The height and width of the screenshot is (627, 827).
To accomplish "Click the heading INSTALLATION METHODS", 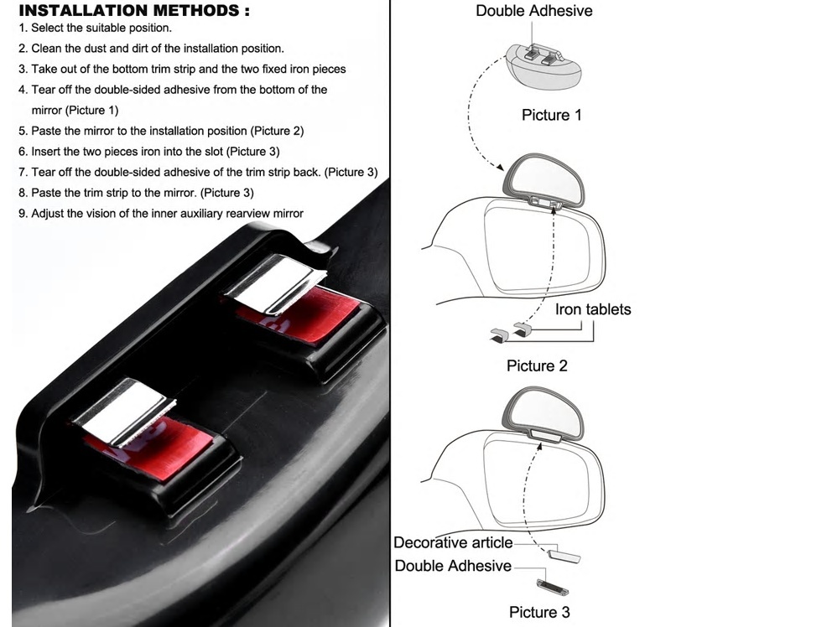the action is (134, 11).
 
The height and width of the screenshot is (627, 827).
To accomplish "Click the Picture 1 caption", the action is (551, 115).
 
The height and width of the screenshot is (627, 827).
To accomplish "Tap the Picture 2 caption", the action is (537, 365).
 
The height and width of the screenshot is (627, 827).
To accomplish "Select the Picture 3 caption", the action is (539, 612).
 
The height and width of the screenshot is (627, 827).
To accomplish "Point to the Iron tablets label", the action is (593, 309).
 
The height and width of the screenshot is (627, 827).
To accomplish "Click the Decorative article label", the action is (453, 542).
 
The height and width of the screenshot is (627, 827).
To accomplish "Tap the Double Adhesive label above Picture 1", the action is (533, 11).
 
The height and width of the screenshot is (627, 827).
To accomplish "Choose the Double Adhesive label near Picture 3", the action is (453, 566).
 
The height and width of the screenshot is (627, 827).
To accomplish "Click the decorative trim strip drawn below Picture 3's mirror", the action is (564, 556).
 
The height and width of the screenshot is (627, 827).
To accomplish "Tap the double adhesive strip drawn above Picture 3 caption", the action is (552, 586).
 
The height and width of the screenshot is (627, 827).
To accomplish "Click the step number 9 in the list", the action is (22, 214).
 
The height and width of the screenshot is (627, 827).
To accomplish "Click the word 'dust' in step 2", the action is (97, 49).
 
